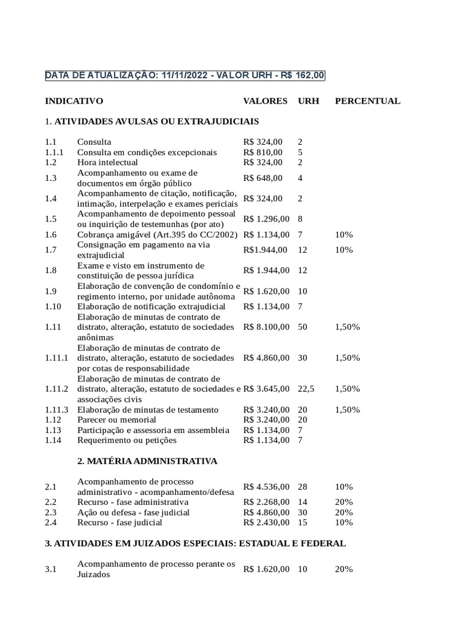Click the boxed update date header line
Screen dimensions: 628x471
point(185,75)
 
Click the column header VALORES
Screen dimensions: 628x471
point(265,101)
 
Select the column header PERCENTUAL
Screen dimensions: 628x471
point(367,101)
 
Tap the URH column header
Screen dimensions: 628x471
point(308,101)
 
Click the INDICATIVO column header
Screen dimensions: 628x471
point(74,101)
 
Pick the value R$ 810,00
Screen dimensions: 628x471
point(263,152)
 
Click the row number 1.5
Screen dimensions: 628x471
point(51,219)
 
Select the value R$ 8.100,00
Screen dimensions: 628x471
point(266,327)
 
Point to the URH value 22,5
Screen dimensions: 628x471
point(306,389)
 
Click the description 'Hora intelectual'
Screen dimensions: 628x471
point(107,163)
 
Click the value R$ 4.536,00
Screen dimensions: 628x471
point(266,486)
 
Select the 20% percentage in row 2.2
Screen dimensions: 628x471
point(343,502)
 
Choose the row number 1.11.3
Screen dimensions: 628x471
point(56,410)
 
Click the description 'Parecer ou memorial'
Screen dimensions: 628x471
point(117,420)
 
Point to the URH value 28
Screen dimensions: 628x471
point(302,486)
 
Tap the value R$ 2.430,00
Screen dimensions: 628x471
point(266,523)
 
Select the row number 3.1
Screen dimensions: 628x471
point(51,569)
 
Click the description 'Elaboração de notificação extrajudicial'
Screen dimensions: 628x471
point(151,306)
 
